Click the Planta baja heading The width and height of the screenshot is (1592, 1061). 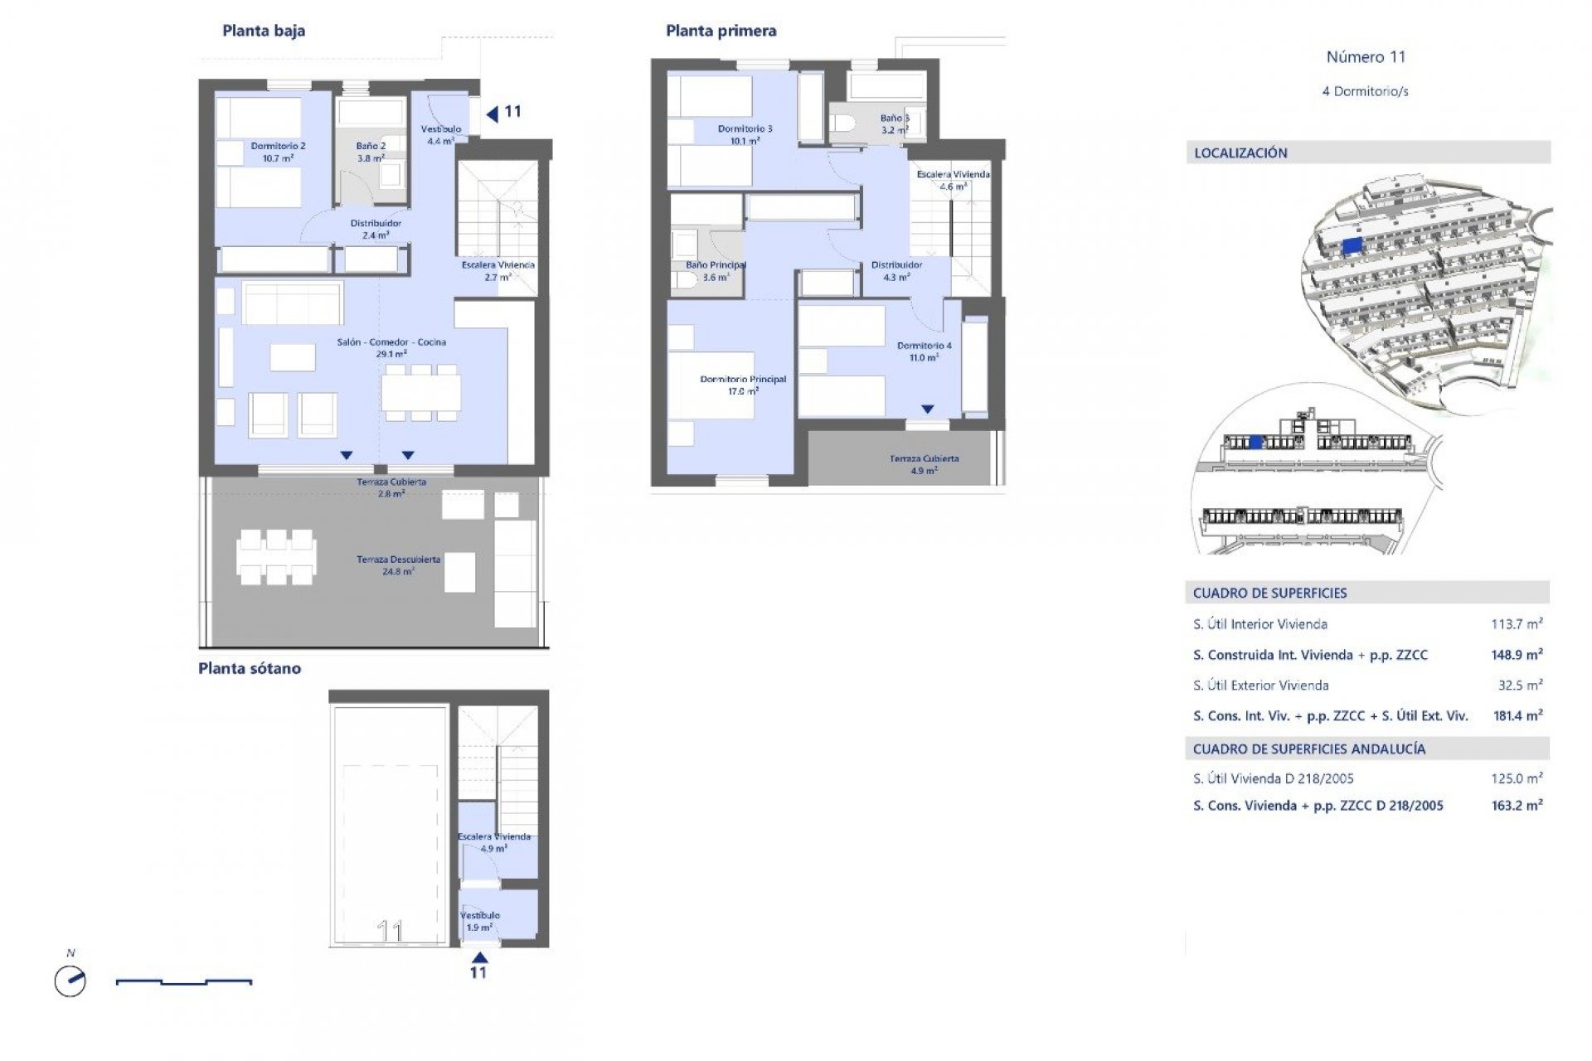point(264,31)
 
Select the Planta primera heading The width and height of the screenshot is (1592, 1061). point(721,31)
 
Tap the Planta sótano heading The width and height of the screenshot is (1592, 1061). point(249,669)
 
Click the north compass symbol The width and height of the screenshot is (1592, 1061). point(70,981)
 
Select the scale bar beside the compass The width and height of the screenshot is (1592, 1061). point(183,982)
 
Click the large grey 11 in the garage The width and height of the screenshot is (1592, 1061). point(390,931)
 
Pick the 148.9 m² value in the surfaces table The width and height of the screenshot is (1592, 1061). point(1517,655)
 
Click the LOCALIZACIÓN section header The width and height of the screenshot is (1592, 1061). point(1240,153)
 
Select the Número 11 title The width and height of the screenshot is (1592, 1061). point(1366,57)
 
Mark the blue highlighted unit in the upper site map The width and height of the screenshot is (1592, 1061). point(1352,245)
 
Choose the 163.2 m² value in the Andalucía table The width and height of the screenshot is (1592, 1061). point(1517,805)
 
